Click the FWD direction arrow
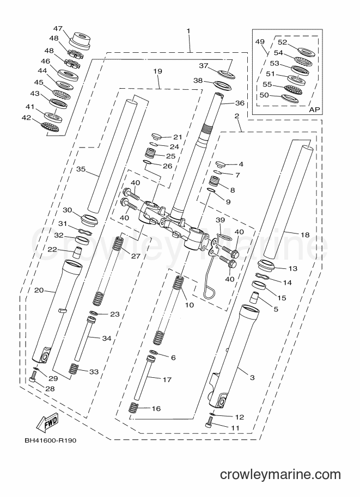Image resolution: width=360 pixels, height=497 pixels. click(47, 422)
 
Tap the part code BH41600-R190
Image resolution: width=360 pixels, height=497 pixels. click(51, 440)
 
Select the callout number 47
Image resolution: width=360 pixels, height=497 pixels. click(58, 28)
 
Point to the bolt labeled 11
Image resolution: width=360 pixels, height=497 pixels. click(209, 422)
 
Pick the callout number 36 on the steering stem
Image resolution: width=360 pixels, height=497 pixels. click(240, 103)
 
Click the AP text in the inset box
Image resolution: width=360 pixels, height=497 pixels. click(314, 109)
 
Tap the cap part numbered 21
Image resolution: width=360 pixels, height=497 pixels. click(156, 137)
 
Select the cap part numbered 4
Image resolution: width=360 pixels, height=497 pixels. click(220, 164)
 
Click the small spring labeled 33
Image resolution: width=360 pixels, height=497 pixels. click(74, 369)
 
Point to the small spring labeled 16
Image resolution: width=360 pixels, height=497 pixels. click(133, 407)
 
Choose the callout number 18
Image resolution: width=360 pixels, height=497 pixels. click(305, 235)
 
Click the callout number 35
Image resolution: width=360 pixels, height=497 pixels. click(81, 169)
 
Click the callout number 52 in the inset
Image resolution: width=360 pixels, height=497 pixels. click(282, 42)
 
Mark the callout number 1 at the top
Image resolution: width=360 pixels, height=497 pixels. click(188, 30)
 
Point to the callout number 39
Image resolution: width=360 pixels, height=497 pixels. click(220, 220)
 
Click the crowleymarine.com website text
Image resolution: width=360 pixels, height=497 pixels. click(280, 475)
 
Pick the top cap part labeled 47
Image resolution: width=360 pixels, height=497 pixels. click(81, 41)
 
